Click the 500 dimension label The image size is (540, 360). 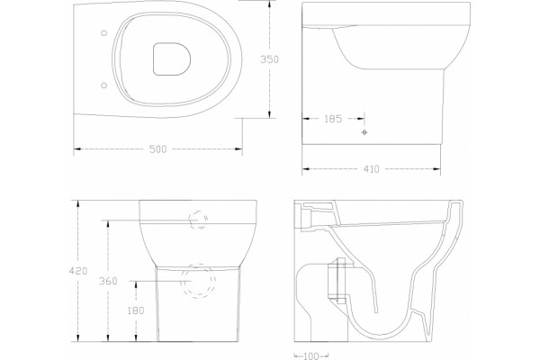tap(157, 148)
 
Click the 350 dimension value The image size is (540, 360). tap(269, 59)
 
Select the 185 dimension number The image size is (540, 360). tap(333, 119)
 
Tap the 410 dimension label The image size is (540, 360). tap(371, 169)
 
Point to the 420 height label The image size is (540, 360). tap(78, 271)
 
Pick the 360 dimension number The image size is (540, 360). tap(108, 281)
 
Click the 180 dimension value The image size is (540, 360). tap(136, 310)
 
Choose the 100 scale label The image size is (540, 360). tap(311, 355)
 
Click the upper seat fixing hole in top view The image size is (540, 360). tap(104, 33)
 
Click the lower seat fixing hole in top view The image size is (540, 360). tap(104, 85)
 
